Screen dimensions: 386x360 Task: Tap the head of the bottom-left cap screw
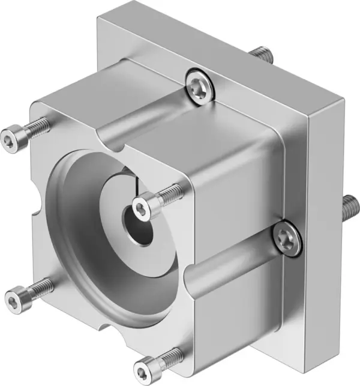[x=14, y=297]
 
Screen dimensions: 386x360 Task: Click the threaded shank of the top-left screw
[x=37, y=127]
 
